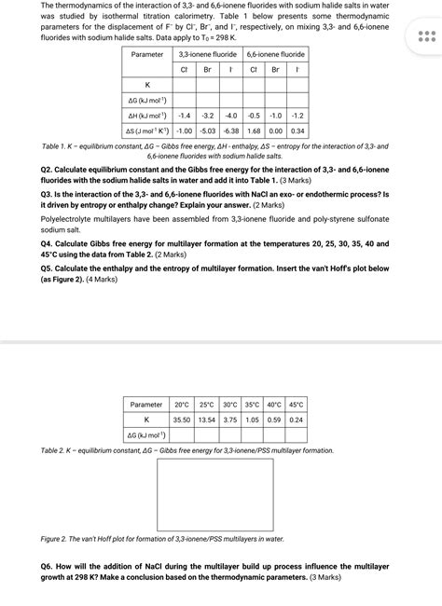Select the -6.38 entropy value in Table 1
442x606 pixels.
point(230,131)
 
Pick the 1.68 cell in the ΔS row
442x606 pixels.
point(254,131)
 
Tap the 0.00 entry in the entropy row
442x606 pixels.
point(275,131)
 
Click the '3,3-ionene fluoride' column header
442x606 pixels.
point(208,54)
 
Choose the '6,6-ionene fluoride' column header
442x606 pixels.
point(275,54)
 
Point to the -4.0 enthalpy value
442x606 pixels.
point(230,115)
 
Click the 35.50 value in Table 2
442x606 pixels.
point(181,420)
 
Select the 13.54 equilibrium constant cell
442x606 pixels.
point(206,420)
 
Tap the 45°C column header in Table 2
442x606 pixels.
point(297,405)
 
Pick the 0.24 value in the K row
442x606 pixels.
point(297,420)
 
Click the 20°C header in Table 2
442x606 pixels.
point(181,405)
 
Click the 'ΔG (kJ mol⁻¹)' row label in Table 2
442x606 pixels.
point(147,434)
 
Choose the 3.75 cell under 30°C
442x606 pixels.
point(229,420)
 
